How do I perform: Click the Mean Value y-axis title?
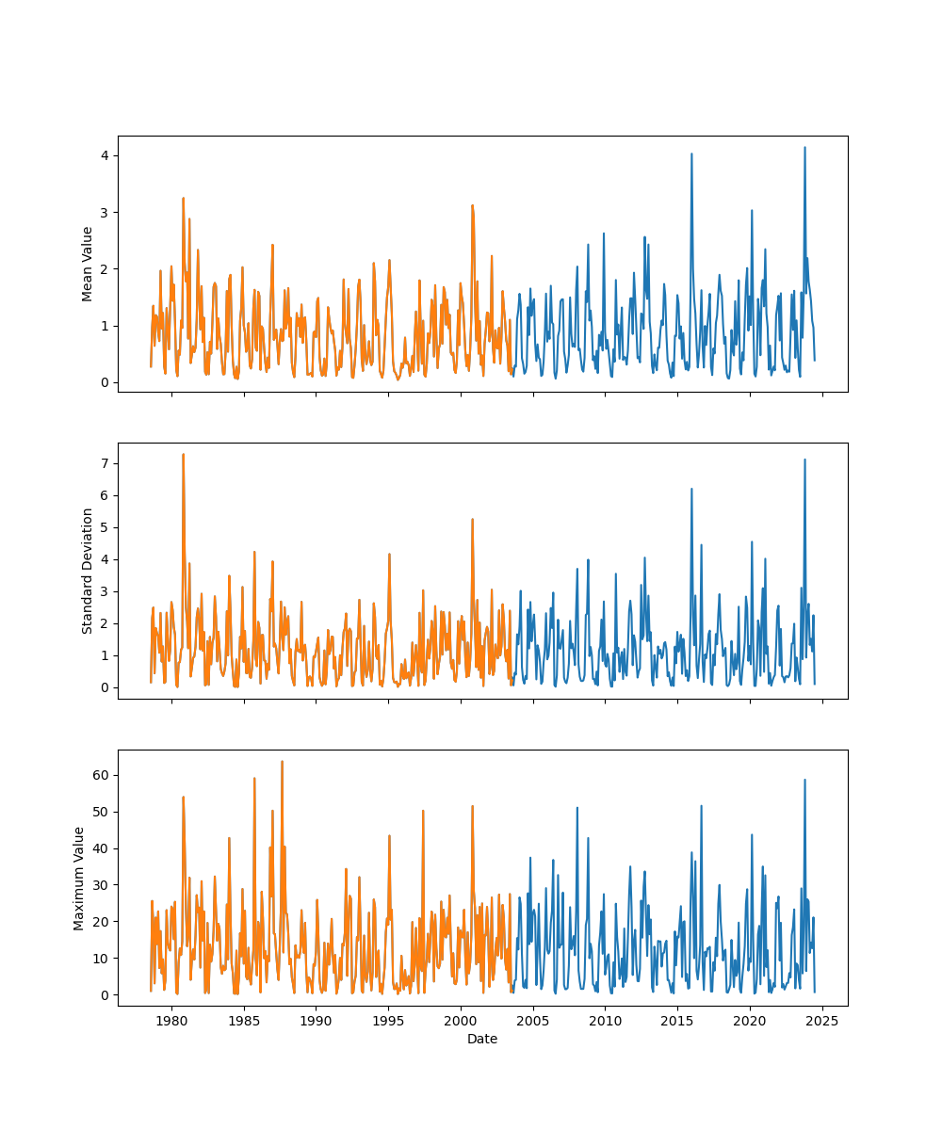[88, 264]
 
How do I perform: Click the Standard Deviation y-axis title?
[88, 571]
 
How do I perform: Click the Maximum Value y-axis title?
[79, 878]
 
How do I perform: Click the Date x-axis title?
[482, 1039]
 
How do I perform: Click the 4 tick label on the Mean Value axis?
[106, 155]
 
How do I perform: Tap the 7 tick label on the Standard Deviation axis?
[106, 463]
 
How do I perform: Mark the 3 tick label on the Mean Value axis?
[106, 213]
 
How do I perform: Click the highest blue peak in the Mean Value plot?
[804, 148]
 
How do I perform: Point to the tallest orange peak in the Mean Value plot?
[183, 199]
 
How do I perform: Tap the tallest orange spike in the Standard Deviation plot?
[183, 455]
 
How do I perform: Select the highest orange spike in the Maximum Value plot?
[282, 762]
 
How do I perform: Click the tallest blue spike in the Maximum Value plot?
[804, 780]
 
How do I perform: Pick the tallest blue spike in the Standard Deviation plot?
[804, 460]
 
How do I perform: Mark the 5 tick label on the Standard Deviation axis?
[106, 527]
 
